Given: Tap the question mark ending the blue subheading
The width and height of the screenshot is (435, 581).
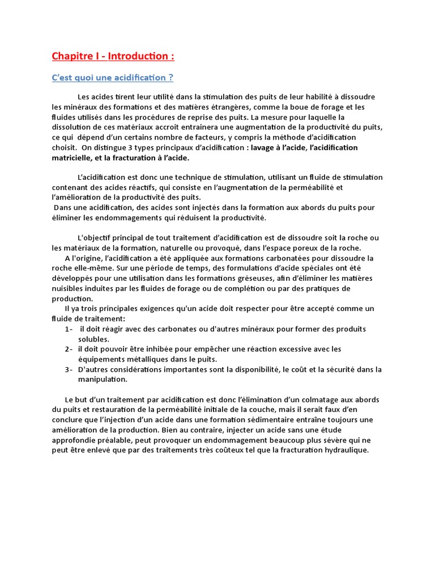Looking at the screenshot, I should (x=170, y=78).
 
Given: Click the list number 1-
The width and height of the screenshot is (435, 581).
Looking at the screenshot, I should (x=69, y=329).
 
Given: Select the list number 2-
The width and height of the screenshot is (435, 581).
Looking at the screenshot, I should (x=69, y=349).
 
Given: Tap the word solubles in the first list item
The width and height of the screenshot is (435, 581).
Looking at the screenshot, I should (x=93, y=339).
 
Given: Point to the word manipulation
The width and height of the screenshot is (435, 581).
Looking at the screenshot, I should (x=103, y=380).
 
